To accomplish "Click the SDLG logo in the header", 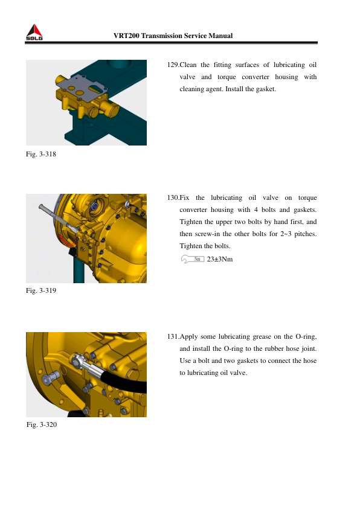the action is pyautogui.click(x=34, y=32).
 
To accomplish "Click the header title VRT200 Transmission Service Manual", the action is pyautogui.click(x=173, y=36).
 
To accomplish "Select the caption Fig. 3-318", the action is pyautogui.click(x=41, y=154).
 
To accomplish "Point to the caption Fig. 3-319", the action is pyautogui.click(x=41, y=290).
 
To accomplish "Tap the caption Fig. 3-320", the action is pyautogui.click(x=42, y=424).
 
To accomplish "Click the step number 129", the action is pyautogui.click(x=173, y=65).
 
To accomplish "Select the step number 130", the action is pyautogui.click(x=173, y=197).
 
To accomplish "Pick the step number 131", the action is pyautogui.click(x=173, y=337).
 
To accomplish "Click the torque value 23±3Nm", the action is pyautogui.click(x=220, y=260).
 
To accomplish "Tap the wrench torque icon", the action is pyautogui.click(x=192, y=259).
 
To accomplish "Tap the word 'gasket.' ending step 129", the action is pyautogui.click(x=266, y=89).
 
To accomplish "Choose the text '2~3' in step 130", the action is pyautogui.click(x=286, y=234).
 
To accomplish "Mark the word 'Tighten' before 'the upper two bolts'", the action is pyautogui.click(x=191, y=222).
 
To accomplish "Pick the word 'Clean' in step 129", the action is pyautogui.click(x=188, y=65).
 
